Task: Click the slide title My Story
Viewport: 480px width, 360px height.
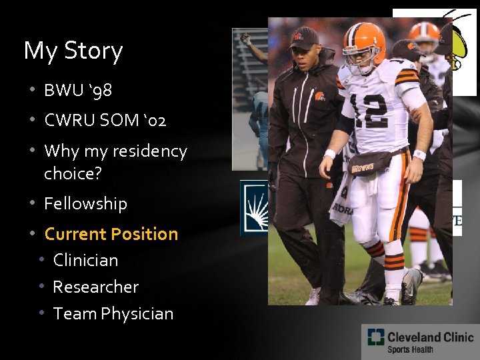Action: pyautogui.click(x=73, y=51)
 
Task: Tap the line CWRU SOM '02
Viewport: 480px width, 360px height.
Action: pyautogui.click(x=105, y=121)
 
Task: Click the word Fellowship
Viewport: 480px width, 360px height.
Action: pyautogui.click(x=85, y=203)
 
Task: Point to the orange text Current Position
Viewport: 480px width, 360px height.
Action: pyautogui.click(x=111, y=234)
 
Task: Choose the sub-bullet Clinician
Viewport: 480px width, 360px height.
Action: pyautogui.click(x=85, y=260)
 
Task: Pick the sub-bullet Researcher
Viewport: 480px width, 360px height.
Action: pyautogui.click(x=95, y=287)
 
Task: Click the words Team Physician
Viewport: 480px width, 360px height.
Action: pyautogui.click(x=113, y=313)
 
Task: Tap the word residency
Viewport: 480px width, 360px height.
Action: pyautogui.click(x=150, y=151)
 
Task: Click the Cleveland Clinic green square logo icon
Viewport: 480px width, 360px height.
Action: pyautogui.click(x=375, y=338)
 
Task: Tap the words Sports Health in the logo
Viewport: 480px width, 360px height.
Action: pyautogui.click(x=410, y=349)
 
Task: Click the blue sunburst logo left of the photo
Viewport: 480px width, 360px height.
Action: pyautogui.click(x=254, y=207)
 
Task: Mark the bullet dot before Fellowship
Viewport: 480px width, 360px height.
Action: pyautogui.click(x=31, y=204)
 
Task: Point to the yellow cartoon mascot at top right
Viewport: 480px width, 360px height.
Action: pyautogui.click(x=462, y=47)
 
